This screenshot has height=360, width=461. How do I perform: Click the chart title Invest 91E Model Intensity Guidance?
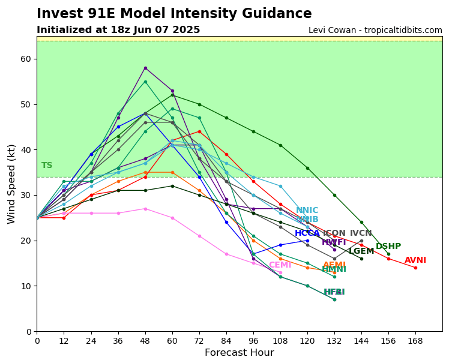[x=174, y=14]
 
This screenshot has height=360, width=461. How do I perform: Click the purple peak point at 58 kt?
[x=145, y=68]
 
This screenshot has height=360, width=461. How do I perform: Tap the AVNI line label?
[x=415, y=260]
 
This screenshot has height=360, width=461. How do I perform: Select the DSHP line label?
[x=388, y=247]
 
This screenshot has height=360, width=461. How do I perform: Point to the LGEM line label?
[x=361, y=251]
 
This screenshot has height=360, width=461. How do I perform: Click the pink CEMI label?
[x=280, y=265]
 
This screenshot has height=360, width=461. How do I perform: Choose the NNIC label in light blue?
[x=307, y=211]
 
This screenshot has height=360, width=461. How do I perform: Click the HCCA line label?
[x=307, y=233]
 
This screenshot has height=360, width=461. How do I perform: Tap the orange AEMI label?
[x=334, y=265]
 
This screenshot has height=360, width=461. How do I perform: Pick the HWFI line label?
[x=334, y=242]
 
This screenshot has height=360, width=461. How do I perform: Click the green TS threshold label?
[x=47, y=166]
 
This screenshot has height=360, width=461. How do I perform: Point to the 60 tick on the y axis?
[x=26, y=59]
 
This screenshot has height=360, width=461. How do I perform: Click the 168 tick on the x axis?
[x=415, y=341]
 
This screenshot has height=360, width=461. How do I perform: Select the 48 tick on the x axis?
[x=145, y=341]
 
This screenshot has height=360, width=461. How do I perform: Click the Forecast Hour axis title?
[x=239, y=353]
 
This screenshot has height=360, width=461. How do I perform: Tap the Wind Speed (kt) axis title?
[x=12, y=184]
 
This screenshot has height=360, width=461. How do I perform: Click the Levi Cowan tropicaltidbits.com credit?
[x=375, y=31]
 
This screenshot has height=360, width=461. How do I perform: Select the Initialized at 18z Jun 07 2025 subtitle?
[x=118, y=30]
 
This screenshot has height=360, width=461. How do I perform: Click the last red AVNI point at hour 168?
[x=415, y=268]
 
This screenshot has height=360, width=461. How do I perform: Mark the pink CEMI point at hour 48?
[x=145, y=209]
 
